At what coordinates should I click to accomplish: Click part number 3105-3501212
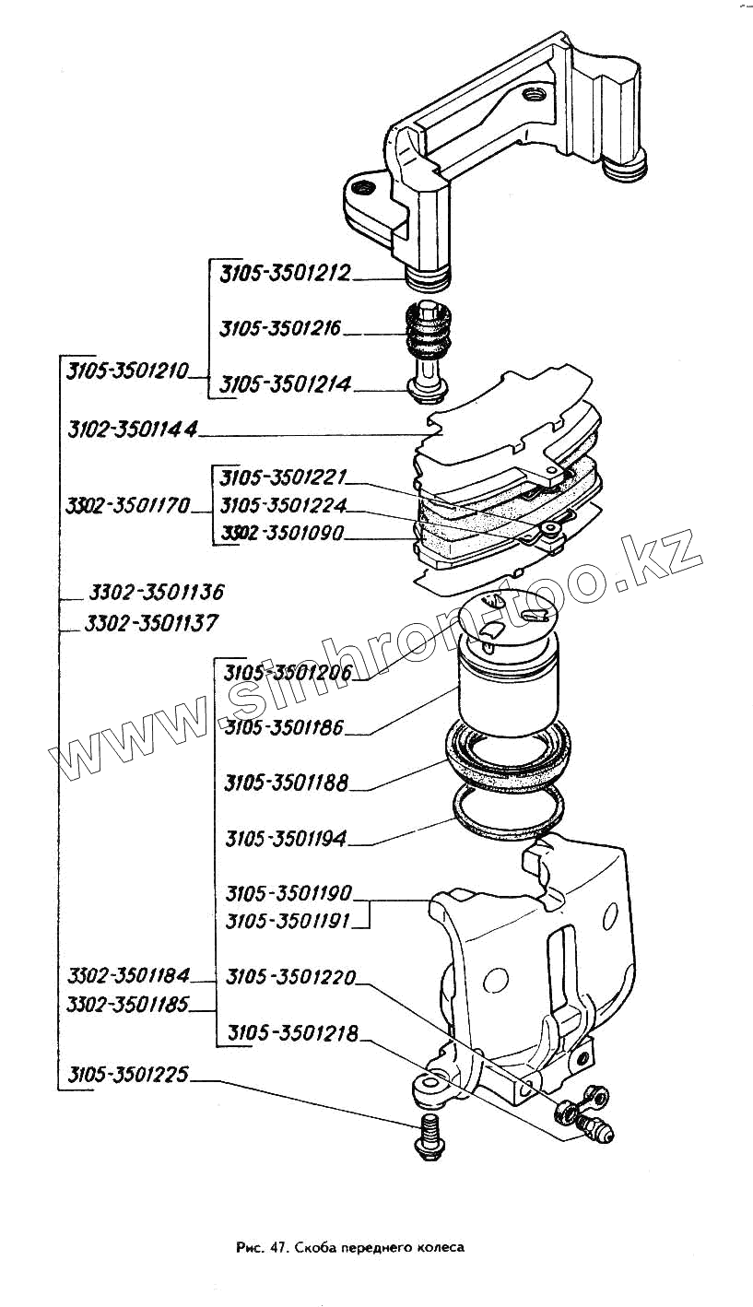click(286, 273)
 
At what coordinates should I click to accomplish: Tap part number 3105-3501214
click(286, 385)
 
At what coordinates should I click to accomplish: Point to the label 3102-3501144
click(134, 430)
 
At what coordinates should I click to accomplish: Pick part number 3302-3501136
click(156, 591)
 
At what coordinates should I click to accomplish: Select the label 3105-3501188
click(287, 783)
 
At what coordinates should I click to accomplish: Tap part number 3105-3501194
click(287, 840)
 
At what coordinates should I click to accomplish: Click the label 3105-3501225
click(127, 1075)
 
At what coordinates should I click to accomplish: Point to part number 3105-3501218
click(294, 1033)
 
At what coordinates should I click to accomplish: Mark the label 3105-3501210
click(127, 371)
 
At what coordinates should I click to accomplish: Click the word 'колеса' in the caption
click(438, 1247)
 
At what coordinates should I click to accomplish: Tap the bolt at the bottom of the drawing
click(430, 1135)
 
